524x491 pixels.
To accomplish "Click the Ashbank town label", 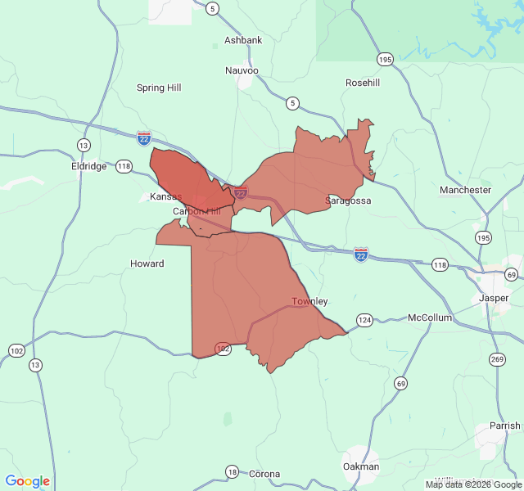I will pyautogui.click(x=243, y=40).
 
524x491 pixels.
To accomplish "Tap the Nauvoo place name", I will pyautogui.click(x=242, y=70).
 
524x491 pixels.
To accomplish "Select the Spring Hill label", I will pyautogui.click(x=159, y=88).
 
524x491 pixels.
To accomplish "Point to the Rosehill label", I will pyautogui.click(x=363, y=83).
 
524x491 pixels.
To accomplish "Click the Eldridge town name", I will pyautogui.click(x=88, y=166).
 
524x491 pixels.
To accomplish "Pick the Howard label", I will pyautogui.click(x=147, y=264).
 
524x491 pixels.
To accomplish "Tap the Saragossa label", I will pyautogui.click(x=348, y=200).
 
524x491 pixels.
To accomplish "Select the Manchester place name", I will pyautogui.click(x=465, y=190).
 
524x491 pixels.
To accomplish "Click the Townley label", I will pyautogui.click(x=309, y=301).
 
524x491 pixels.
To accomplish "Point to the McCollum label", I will pyautogui.click(x=430, y=318).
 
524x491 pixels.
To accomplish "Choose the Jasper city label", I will pyautogui.click(x=494, y=298).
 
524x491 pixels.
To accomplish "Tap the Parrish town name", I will pyautogui.click(x=504, y=426).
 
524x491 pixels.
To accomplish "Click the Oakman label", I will pyautogui.click(x=361, y=466).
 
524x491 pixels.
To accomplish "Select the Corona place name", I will pyautogui.click(x=264, y=474).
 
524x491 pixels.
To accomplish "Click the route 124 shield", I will pyautogui.click(x=364, y=319).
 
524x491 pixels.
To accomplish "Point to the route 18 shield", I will pyautogui.click(x=233, y=471).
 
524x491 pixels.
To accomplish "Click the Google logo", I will pyautogui.click(x=28, y=481).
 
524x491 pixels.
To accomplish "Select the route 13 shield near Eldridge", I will pyautogui.click(x=84, y=145).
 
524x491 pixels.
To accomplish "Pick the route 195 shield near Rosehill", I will pyautogui.click(x=386, y=59).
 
